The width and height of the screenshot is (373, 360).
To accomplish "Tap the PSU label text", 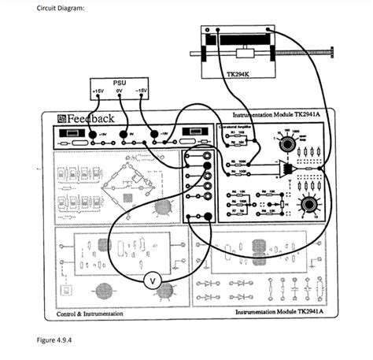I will (119, 82).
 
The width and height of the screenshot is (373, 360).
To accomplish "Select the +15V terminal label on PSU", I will (98, 91).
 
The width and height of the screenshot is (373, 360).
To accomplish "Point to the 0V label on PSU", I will (119, 91).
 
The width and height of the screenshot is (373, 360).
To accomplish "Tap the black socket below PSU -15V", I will (154, 134).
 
